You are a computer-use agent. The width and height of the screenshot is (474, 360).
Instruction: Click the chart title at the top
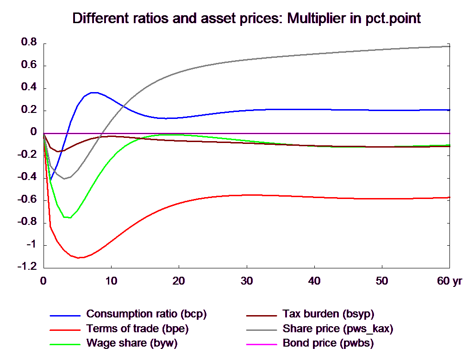[247, 19]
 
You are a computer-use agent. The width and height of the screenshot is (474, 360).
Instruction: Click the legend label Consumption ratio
[146, 314]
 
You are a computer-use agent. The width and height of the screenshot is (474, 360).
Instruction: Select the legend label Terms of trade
[137, 329]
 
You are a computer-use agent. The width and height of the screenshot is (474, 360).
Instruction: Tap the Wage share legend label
[132, 344]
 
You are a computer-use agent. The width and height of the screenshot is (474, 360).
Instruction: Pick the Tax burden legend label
[328, 314]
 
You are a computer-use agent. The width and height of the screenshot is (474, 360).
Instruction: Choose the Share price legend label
[338, 329]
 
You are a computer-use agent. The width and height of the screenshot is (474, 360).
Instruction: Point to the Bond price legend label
[328, 344]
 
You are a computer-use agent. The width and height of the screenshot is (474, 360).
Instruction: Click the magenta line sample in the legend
[261, 344]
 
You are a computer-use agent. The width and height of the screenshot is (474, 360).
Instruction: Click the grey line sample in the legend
[261, 329]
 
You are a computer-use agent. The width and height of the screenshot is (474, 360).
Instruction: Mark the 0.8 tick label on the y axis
[29, 42]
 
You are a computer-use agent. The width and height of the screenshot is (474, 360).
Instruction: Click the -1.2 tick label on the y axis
[27, 267]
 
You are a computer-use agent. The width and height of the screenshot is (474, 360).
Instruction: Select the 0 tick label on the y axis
[33, 132]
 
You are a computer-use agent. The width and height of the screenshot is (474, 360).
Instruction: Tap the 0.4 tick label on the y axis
[29, 87]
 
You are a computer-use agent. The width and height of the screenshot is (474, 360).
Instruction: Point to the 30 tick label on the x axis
[246, 281]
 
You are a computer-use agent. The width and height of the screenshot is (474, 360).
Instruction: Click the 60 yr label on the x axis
[449, 281]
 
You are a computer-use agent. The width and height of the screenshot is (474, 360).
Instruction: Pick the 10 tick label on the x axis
[111, 281]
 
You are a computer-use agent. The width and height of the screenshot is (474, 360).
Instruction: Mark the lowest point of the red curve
[80, 258]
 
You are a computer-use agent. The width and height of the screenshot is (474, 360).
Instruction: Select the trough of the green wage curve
[69, 217]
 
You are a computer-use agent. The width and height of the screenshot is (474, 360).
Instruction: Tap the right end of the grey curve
[449, 46]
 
